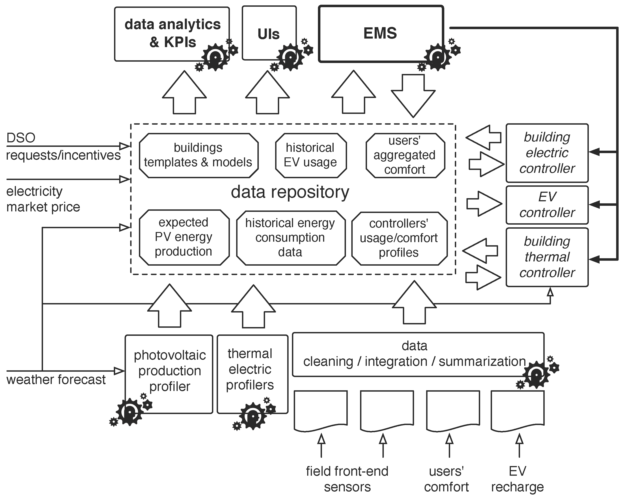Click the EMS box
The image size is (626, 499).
[380, 33]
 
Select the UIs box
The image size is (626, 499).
[269, 33]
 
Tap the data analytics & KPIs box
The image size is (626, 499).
[172, 33]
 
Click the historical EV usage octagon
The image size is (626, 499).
[311, 155]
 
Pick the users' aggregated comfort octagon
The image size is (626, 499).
[405, 155]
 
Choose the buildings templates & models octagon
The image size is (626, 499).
[198, 155]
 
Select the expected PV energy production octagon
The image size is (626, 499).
[184, 237]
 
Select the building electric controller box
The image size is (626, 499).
[547, 153]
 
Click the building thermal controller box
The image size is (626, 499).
[547, 257]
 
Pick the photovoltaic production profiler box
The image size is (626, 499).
[169, 371]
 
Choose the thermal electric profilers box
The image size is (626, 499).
[250, 370]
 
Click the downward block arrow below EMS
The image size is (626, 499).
[413, 96]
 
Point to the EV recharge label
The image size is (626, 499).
[517, 479]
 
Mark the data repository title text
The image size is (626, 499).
[290, 192]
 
